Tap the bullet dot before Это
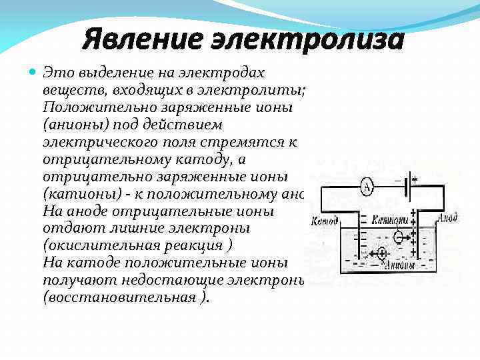click(x=33, y=71)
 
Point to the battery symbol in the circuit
click(x=409, y=187)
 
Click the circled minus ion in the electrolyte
click(x=398, y=236)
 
